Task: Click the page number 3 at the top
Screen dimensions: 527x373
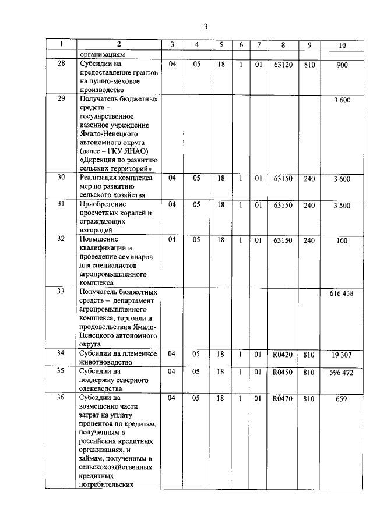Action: click(205, 26)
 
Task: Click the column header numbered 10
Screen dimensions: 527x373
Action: click(342, 45)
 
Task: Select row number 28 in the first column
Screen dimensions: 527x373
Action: click(61, 65)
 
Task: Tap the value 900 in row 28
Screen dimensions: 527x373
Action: click(342, 65)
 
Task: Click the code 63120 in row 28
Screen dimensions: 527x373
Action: click(283, 65)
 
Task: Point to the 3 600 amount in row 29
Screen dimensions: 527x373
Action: click(342, 101)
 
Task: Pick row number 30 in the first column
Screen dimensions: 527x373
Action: click(61, 178)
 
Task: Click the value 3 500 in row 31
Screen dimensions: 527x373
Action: click(342, 205)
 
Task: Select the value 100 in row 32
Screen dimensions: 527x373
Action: click(342, 240)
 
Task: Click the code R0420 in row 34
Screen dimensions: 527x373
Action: click(283, 353)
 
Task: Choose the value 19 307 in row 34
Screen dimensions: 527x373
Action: click(342, 354)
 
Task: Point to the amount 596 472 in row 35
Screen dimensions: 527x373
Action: click(342, 372)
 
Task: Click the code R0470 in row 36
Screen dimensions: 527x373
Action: click(283, 398)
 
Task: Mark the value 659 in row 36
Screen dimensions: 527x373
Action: click(342, 399)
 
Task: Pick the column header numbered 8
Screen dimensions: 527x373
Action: click(283, 45)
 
